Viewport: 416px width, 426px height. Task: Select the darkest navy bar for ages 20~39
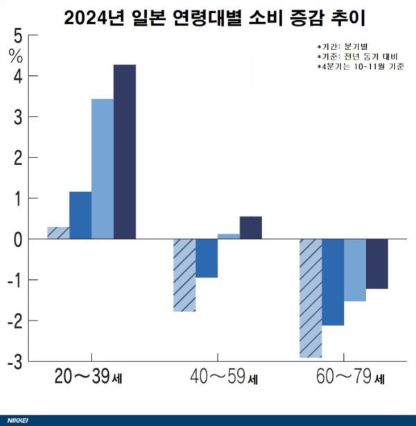(125, 152)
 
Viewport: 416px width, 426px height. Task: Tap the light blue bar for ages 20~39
(103, 169)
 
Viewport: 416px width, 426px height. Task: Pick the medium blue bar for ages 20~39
(80, 215)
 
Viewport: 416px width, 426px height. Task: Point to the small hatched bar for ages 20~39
(58, 233)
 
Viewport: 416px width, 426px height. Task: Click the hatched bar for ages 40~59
(184, 275)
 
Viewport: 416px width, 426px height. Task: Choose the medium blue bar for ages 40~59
(207, 258)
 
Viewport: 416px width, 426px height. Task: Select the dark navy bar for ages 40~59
(251, 228)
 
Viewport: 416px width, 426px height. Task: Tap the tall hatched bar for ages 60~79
(311, 298)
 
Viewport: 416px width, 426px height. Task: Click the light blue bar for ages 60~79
(355, 270)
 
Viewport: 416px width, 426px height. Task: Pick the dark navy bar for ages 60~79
(377, 264)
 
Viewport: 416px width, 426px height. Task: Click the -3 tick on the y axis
(15, 362)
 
